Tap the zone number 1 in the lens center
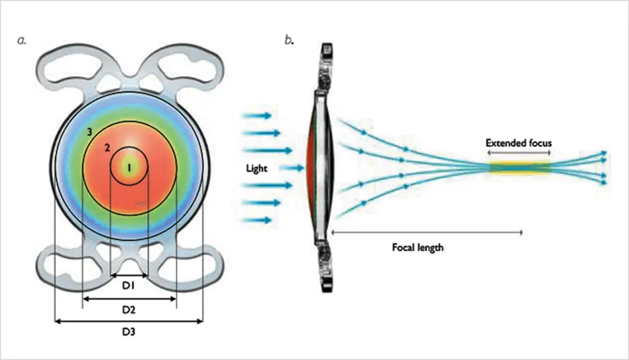(x=128, y=168)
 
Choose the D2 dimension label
(x=129, y=310)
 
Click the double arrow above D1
(x=129, y=275)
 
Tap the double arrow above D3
(x=129, y=321)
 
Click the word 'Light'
(x=257, y=169)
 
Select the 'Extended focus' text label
(x=518, y=143)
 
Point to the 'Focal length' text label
(x=417, y=247)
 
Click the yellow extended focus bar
(x=520, y=167)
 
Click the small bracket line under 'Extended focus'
(x=519, y=153)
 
